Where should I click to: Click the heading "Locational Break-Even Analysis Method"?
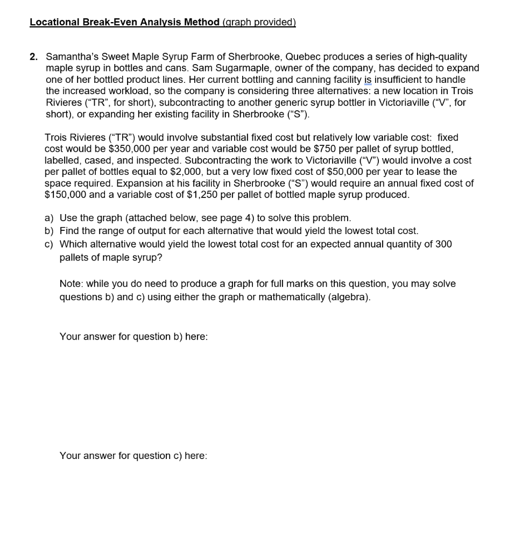(x=124, y=22)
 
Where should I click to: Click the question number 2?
(x=33, y=56)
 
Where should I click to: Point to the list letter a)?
(x=50, y=218)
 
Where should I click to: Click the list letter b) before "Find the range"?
(x=50, y=231)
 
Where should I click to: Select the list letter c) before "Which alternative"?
(x=50, y=244)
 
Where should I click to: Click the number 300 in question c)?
(x=443, y=244)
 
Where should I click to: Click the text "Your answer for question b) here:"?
(x=133, y=336)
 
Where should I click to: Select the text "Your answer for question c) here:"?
(x=133, y=456)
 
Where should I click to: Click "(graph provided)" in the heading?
(x=259, y=22)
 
